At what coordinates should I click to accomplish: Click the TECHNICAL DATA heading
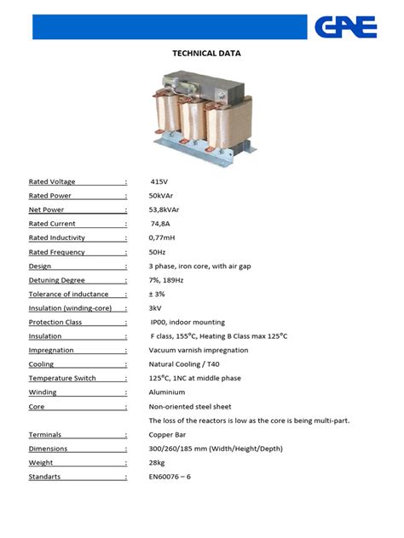207,53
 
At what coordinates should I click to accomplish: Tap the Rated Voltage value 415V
159,182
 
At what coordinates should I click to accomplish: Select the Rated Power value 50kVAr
160,196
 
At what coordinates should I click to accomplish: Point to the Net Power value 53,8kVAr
164,209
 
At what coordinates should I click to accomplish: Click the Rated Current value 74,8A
162,224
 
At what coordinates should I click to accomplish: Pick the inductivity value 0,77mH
162,238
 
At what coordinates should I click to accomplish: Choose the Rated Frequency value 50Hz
157,252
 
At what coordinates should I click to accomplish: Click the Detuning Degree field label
56,280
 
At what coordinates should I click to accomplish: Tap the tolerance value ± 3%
158,294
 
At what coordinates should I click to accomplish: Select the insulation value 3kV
155,308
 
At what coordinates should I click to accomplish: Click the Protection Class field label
55,322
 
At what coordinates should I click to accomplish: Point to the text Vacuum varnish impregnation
199,350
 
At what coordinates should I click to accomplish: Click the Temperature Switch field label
62,378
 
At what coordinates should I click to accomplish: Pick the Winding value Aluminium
166,392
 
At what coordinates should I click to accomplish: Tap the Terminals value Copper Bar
168,434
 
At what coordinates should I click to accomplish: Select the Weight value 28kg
157,462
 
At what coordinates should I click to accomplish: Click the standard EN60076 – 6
170,477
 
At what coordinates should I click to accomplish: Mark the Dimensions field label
48,449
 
